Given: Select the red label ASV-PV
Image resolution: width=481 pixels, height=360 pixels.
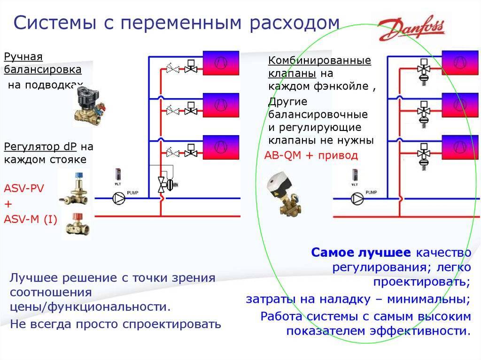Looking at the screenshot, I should tap(24, 189).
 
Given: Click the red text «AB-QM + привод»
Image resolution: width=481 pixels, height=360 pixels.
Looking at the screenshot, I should tap(311, 155).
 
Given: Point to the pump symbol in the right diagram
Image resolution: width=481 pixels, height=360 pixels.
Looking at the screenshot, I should tap(357, 199).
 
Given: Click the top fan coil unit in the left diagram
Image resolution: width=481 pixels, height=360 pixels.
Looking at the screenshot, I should tap(221, 63).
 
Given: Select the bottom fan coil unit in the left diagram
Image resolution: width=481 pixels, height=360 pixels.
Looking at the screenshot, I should tap(221, 146).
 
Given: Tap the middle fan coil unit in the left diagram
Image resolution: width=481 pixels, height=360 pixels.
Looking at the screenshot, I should tap(221, 105).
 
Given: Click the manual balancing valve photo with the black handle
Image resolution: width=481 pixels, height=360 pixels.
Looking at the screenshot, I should tap(89, 105).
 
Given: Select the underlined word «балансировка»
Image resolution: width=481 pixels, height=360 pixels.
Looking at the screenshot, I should tap(43, 69).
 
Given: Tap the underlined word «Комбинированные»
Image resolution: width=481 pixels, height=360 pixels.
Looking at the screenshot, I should tap(319, 61).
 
